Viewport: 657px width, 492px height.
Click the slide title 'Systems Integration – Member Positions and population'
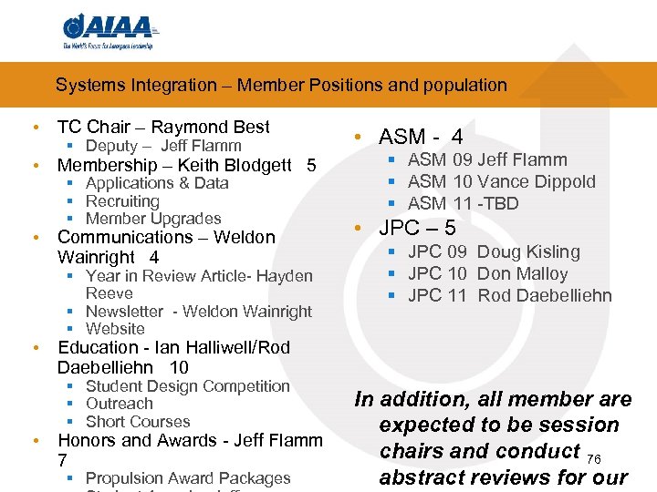click(x=281, y=86)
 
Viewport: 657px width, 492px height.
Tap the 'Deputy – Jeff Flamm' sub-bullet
click(x=163, y=146)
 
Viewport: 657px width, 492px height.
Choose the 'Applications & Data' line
click(x=157, y=183)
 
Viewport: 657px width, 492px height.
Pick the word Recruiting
click(x=122, y=201)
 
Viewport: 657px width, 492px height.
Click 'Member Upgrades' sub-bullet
click(x=153, y=219)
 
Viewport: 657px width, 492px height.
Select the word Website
click(x=115, y=329)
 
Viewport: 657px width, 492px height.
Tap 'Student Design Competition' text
click(x=187, y=386)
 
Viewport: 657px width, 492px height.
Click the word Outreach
click(x=120, y=404)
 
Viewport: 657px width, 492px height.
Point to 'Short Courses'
click(x=138, y=422)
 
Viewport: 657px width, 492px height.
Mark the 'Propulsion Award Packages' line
click(x=188, y=478)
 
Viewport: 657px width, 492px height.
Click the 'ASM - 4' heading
click(x=421, y=138)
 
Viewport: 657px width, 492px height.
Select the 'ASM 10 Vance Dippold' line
click(x=501, y=181)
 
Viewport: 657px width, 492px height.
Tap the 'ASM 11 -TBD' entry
click(x=463, y=203)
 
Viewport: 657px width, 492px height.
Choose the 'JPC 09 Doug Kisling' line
click(x=494, y=251)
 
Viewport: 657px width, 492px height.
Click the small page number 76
click(x=594, y=457)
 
